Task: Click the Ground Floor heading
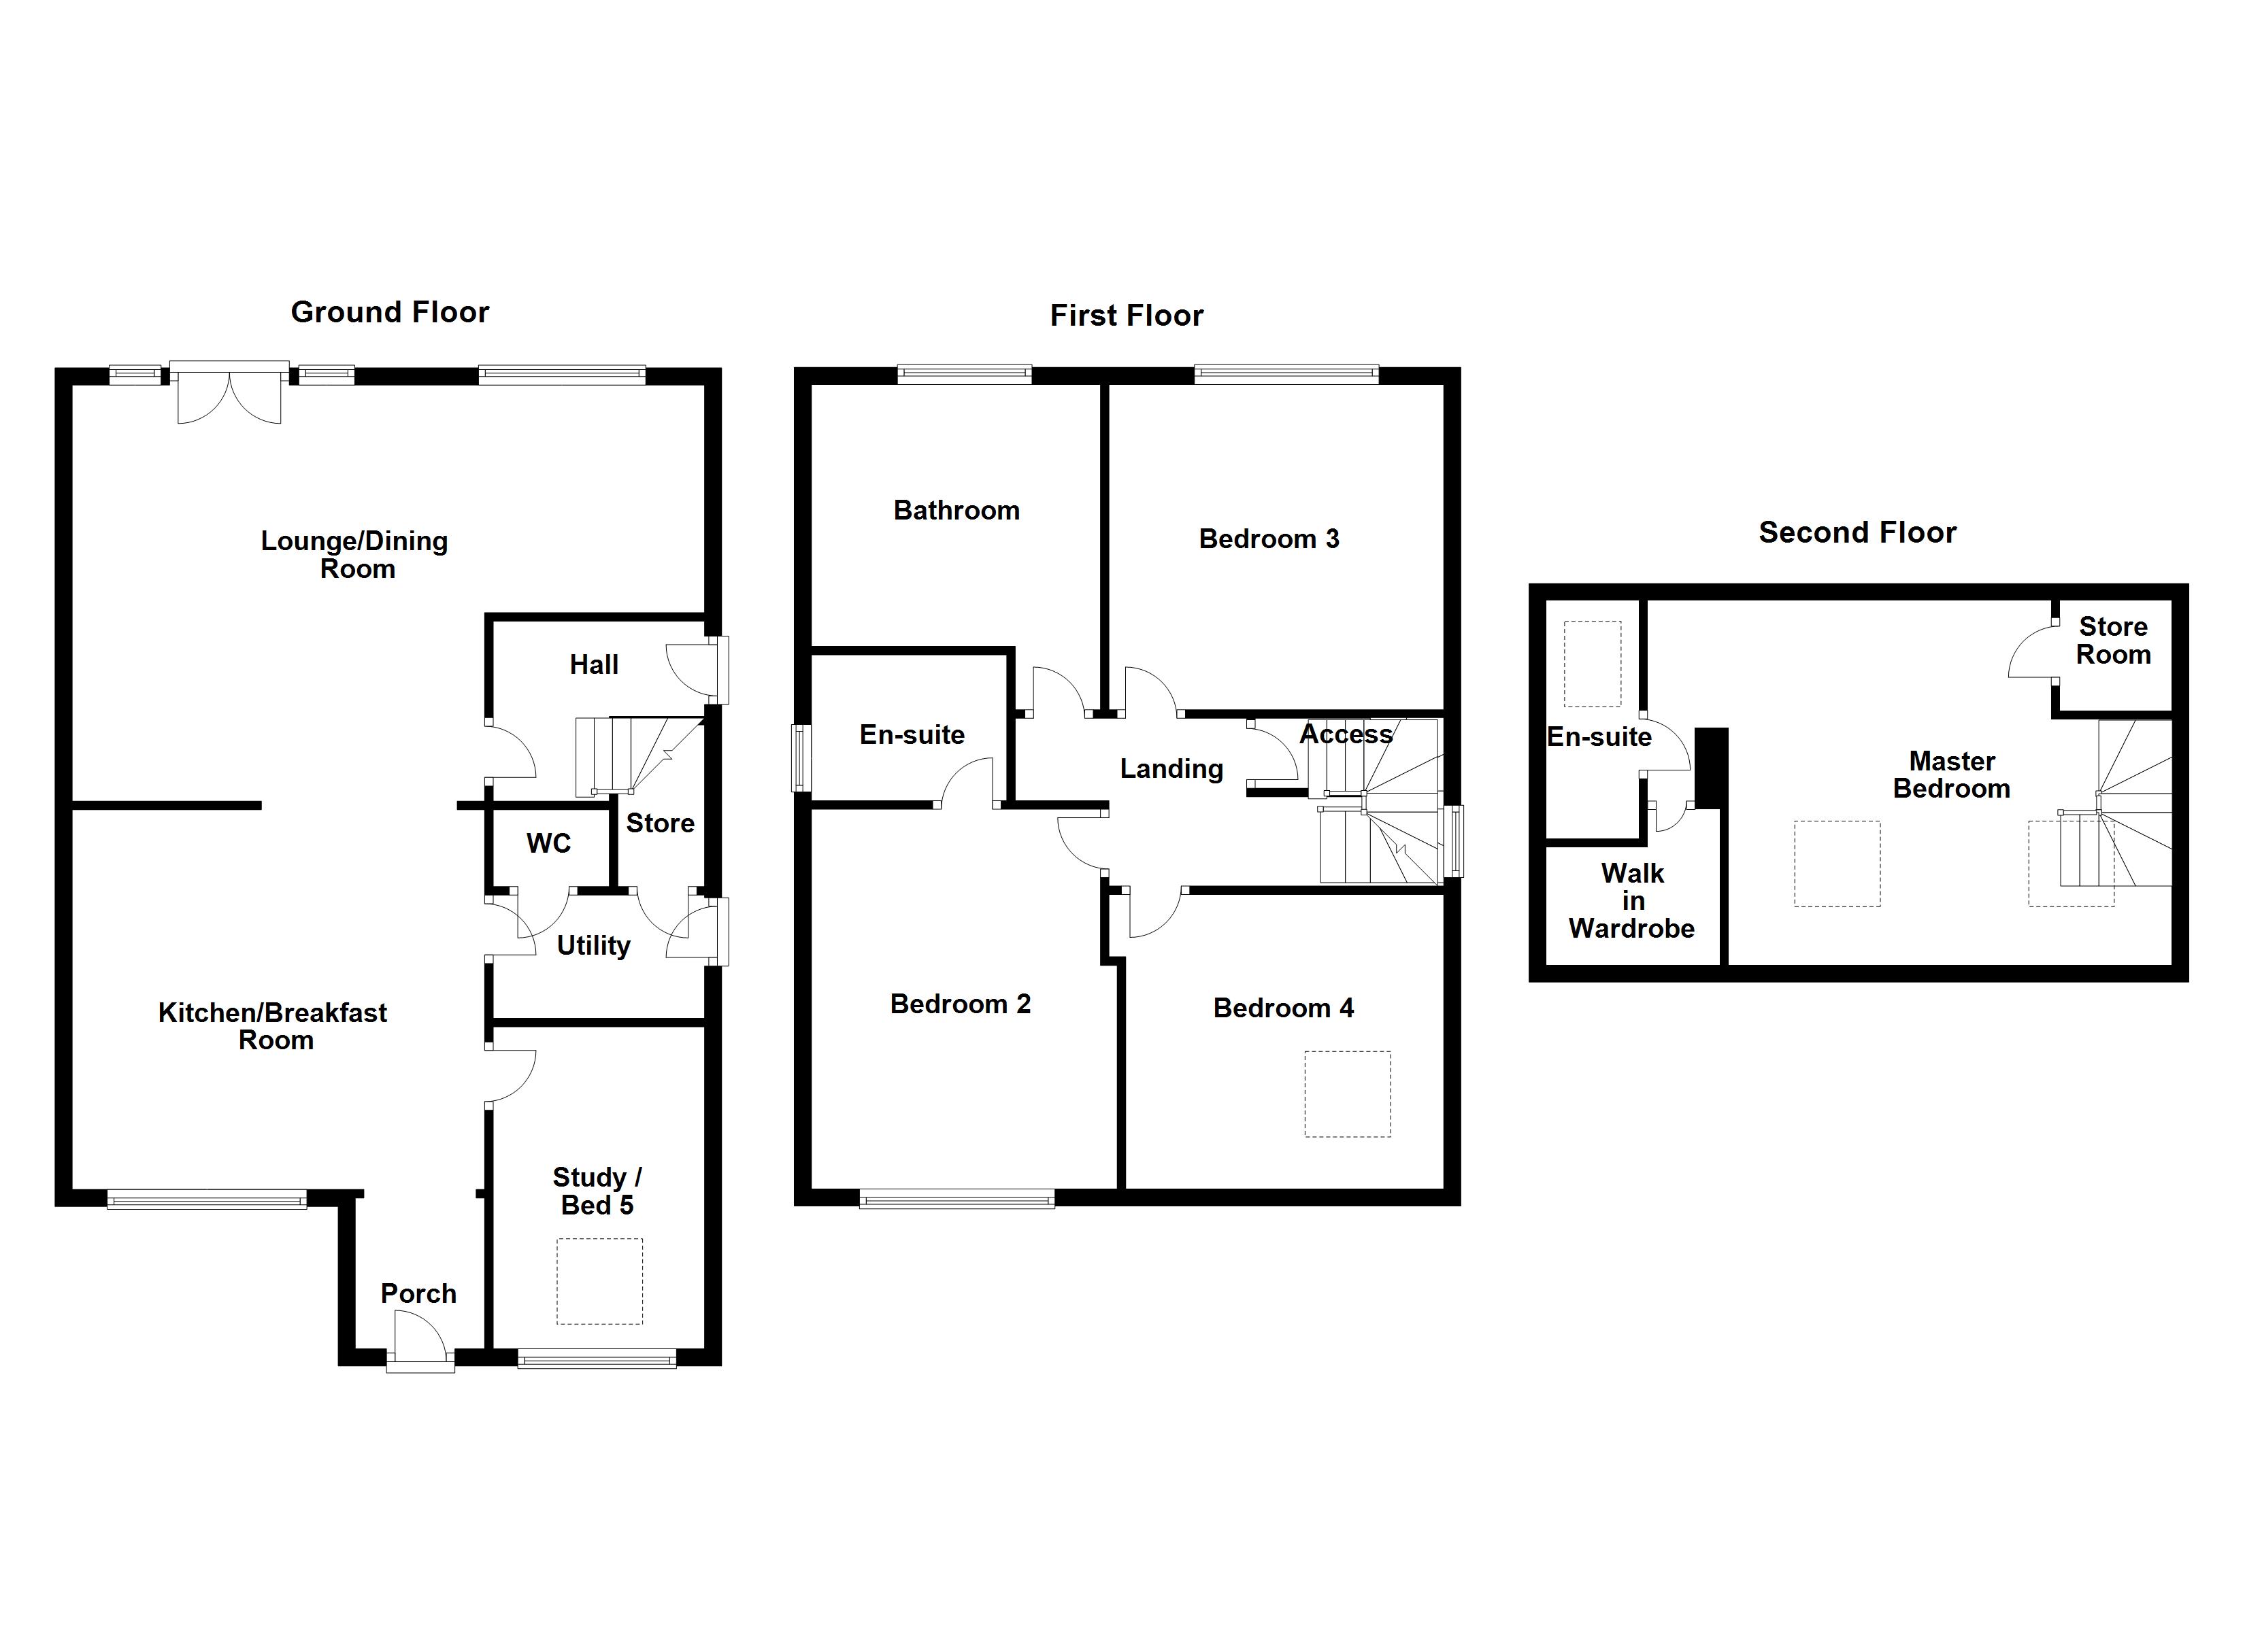[389, 313]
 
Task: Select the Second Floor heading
[1857, 532]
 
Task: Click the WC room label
[548, 843]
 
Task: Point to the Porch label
[418, 1293]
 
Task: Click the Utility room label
[593, 945]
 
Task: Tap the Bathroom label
[957, 511]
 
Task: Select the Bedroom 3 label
[1268, 539]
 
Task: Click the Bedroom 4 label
[1283, 1008]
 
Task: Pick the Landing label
[1171, 769]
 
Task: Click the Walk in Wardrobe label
[1631, 900]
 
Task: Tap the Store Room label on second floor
[2112, 641]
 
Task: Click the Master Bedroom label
[1951, 775]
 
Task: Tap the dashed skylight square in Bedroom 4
[1346, 1093]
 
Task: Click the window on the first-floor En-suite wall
[800, 758]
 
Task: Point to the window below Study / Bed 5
[597, 1361]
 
